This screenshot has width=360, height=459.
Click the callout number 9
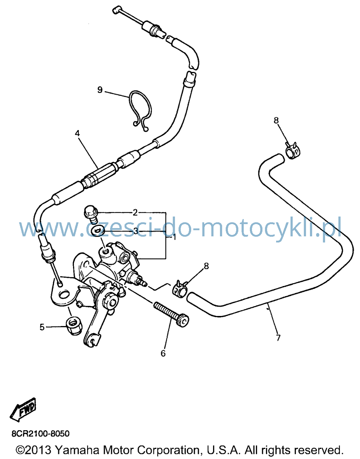click(x=100, y=90)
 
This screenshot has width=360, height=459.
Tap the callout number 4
click(x=77, y=133)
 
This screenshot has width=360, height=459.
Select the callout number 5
click(x=42, y=327)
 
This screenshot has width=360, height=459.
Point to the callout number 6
click(x=163, y=353)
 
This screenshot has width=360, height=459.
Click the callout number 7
click(x=278, y=338)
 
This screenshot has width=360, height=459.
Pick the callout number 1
click(x=174, y=237)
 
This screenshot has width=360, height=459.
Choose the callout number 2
click(x=135, y=212)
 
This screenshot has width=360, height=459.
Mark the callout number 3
click(x=136, y=231)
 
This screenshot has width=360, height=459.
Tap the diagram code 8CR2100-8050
click(x=41, y=434)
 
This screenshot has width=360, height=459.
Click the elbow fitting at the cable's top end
click(x=116, y=10)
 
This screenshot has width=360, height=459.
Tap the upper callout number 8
click(x=276, y=120)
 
